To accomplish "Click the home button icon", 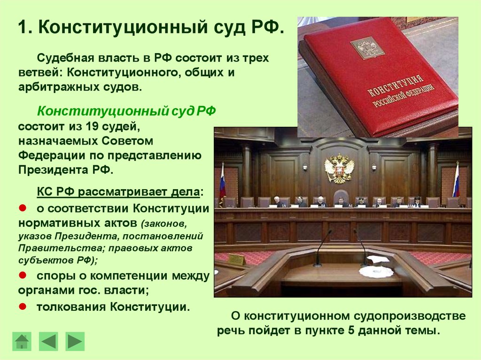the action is point(22,342).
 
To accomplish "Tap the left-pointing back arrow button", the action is point(48,342).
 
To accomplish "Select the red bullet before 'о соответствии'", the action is point(23,208).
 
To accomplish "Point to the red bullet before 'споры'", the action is point(23,275).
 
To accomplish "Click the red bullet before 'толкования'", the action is point(23,306).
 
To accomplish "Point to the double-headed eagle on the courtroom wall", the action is point(339,169).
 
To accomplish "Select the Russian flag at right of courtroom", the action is point(456,180).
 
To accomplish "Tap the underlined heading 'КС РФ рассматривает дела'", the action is point(118,192).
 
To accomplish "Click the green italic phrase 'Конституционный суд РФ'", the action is point(126,111).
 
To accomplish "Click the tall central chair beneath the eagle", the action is point(341,198).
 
